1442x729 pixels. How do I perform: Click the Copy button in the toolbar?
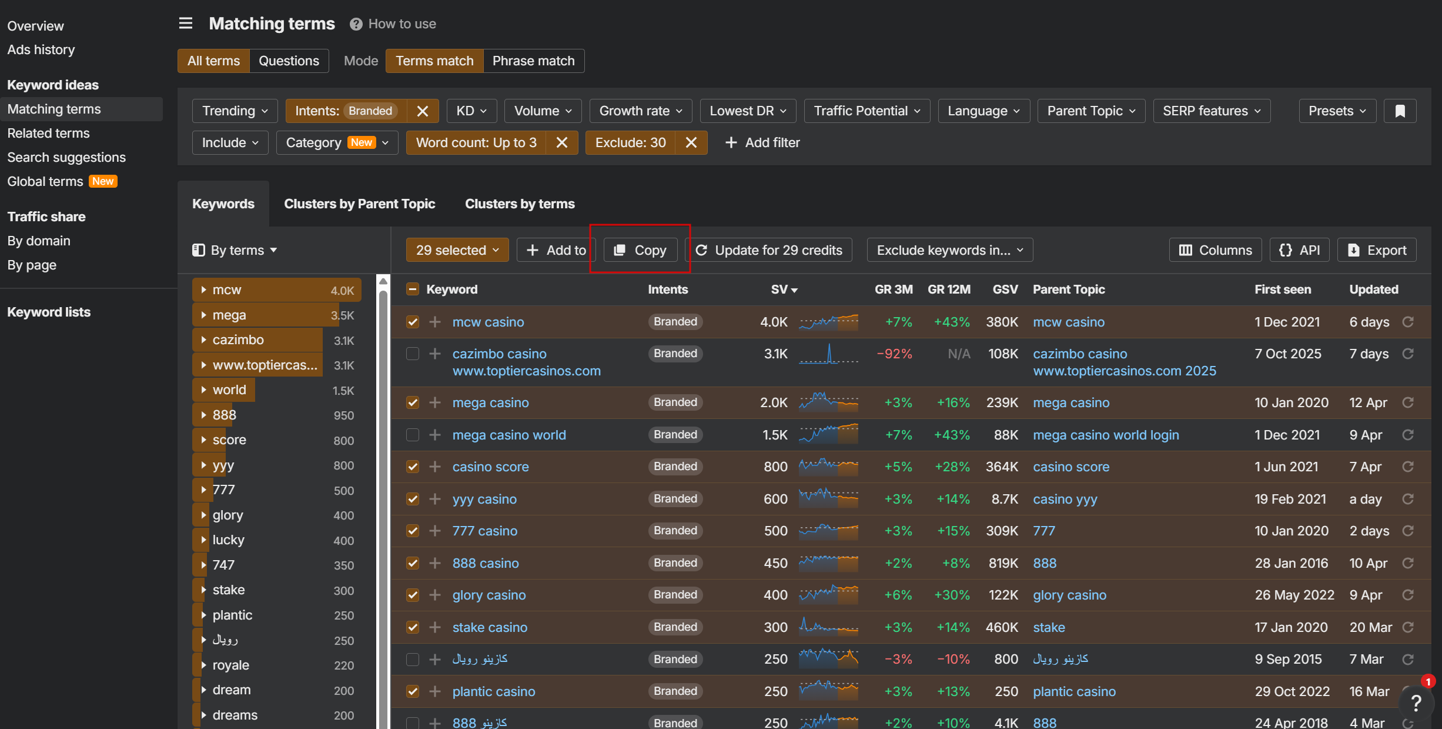(x=640, y=250)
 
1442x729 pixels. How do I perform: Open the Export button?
(x=1377, y=250)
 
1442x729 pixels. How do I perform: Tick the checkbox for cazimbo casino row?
(x=413, y=354)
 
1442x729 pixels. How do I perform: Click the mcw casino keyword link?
(x=488, y=322)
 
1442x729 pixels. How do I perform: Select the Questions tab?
(x=289, y=61)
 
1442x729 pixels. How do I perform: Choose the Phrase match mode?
(x=533, y=61)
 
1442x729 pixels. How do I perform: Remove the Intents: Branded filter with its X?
(x=422, y=111)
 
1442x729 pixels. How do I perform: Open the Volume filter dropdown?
(x=543, y=111)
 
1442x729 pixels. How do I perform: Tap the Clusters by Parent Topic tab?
(x=359, y=204)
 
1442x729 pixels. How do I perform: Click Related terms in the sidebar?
(x=48, y=133)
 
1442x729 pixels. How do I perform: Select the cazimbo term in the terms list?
(x=238, y=340)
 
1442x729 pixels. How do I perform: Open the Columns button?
(x=1215, y=250)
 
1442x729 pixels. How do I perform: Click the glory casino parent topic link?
(x=1069, y=595)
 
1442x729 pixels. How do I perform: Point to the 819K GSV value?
(x=1003, y=563)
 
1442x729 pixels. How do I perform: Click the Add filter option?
(x=762, y=142)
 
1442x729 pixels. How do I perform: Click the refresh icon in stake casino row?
(x=1408, y=627)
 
